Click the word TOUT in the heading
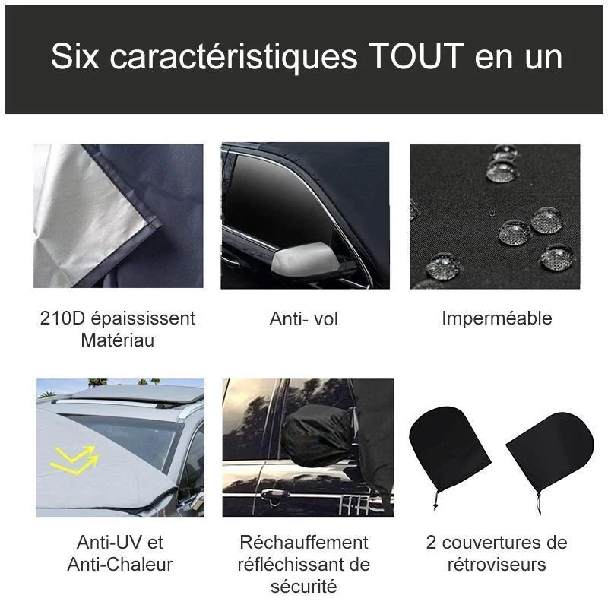tap(416, 56)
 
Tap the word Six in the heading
tap(74, 56)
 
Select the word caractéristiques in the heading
tap(233, 58)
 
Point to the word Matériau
tap(118, 340)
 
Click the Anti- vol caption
tap(303, 319)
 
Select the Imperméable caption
tap(497, 318)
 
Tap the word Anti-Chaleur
tap(120, 564)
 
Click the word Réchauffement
tap(304, 542)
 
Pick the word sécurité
tap(304, 586)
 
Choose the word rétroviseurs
tap(497, 564)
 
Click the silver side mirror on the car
tap(304, 259)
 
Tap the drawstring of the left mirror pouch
tap(435, 499)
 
